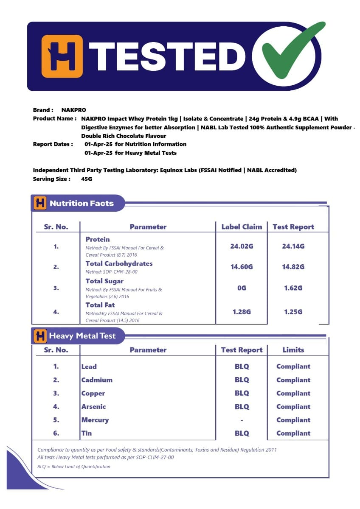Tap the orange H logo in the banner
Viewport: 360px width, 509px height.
[x=62, y=56]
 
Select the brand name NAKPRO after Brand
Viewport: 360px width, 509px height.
[x=73, y=110]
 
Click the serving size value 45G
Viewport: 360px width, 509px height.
[x=87, y=179]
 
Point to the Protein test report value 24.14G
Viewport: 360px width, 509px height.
[x=293, y=246]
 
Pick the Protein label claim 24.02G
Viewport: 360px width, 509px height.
[x=242, y=246]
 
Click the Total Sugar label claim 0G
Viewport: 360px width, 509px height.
[x=242, y=288]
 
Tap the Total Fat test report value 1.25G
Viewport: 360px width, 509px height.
[x=293, y=312]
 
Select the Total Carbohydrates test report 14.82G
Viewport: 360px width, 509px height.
[x=293, y=267]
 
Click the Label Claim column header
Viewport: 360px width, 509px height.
[x=242, y=227]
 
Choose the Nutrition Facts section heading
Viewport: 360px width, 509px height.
[x=82, y=203]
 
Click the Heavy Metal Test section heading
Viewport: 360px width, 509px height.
[x=82, y=336]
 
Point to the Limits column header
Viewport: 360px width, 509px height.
[x=293, y=350]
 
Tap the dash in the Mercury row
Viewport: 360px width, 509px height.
[x=242, y=420]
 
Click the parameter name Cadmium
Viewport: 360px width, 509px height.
[x=97, y=380]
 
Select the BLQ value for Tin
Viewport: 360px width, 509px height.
[x=242, y=433]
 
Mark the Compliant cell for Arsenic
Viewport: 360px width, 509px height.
[x=293, y=406]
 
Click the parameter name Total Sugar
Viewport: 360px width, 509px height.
[x=104, y=281]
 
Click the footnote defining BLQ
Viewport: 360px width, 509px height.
[x=74, y=467]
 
